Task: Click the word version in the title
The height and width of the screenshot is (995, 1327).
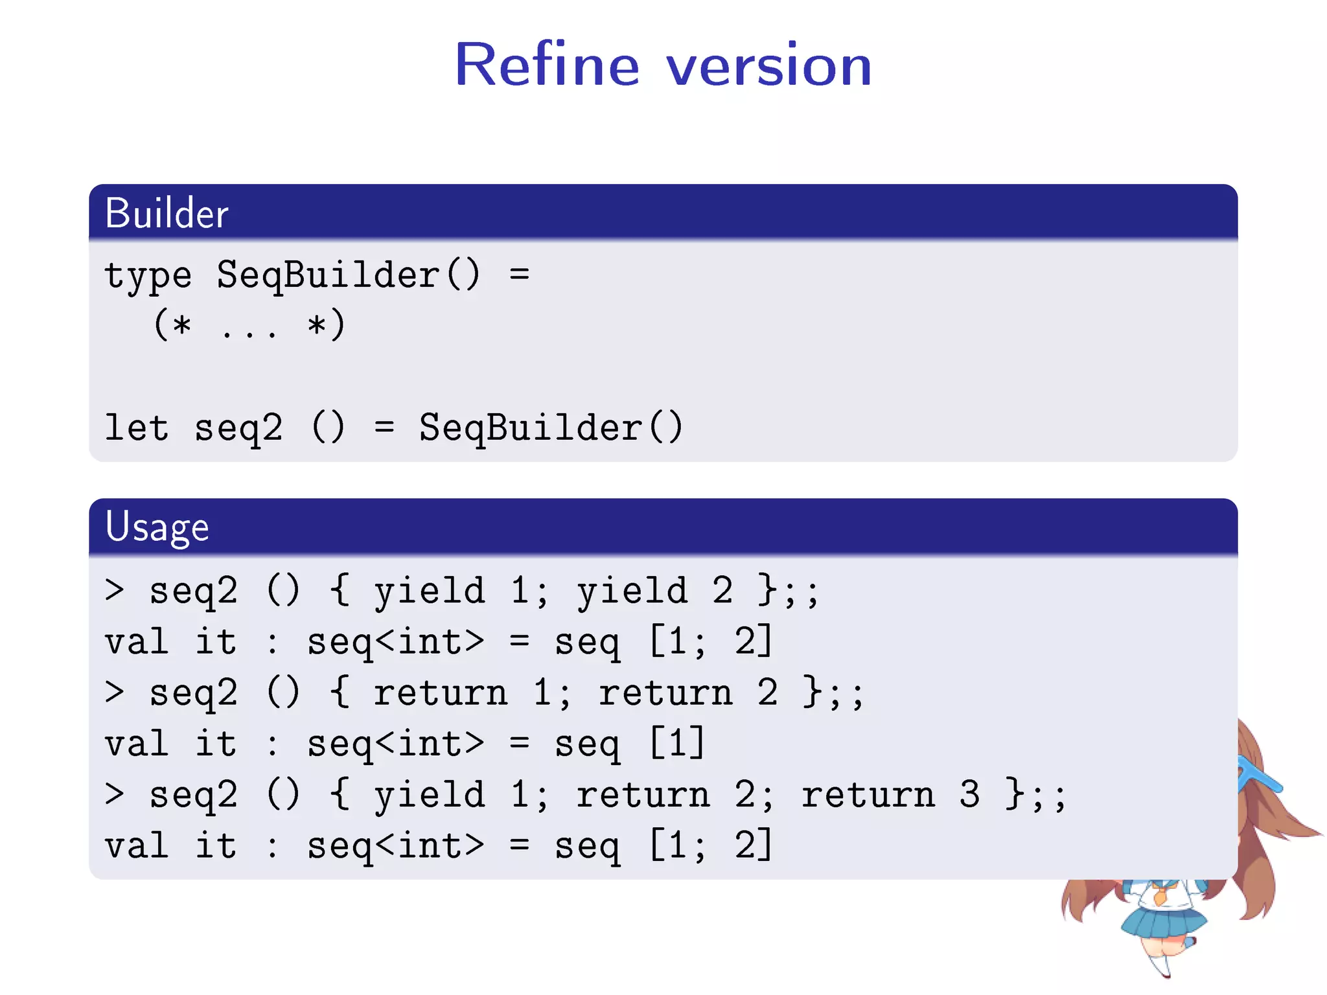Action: [769, 65]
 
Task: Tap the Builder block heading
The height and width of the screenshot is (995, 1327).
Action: [167, 213]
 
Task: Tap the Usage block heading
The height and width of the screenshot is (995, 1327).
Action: [157, 527]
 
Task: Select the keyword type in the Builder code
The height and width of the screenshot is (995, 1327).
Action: [148, 275]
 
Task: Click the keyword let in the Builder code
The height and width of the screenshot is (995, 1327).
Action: [137, 428]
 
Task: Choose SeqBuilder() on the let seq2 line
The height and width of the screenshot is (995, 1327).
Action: [551, 428]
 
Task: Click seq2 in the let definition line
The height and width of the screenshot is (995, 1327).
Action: [238, 428]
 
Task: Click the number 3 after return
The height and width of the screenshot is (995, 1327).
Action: [969, 795]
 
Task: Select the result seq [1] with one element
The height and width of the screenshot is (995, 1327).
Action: [629, 744]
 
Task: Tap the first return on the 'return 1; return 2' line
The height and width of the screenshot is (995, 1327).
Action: [441, 693]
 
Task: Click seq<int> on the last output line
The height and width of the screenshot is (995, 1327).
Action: [395, 846]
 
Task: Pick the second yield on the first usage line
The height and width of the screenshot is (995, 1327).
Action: [632, 591]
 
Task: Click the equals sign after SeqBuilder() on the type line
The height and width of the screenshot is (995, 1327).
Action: [519, 275]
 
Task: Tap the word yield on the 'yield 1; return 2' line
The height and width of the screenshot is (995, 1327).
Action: [429, 795]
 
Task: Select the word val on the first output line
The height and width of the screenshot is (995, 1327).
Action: [137, 642]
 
